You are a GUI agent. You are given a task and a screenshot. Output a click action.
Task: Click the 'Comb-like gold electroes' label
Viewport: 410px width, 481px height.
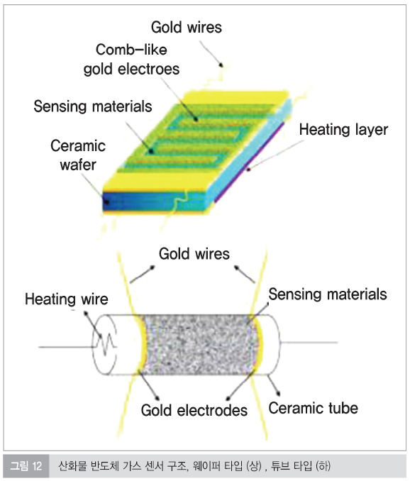click(131, 59)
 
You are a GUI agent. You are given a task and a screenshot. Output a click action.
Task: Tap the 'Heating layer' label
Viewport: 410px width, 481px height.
click(343, 129)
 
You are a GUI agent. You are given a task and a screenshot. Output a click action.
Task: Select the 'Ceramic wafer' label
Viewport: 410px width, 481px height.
click(78, 155)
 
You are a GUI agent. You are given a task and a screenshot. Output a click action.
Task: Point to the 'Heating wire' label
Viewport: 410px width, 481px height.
click(67, 299)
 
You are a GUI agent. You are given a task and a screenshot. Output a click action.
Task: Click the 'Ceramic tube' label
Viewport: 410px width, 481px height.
click(313, 408)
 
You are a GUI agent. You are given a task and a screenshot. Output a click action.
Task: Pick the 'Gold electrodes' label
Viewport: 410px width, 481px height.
click(194, 410)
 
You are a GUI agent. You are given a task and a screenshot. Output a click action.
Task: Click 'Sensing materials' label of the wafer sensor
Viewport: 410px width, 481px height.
click(93, 106)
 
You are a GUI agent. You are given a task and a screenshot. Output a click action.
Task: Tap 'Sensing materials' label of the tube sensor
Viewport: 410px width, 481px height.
click(328, 294)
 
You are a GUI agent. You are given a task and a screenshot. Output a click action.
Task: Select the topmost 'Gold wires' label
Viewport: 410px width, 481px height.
click(186, 27)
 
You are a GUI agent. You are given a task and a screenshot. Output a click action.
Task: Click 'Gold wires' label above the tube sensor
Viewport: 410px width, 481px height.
click(194, 254)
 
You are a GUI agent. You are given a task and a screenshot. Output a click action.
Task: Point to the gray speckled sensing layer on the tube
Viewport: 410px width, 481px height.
click(198, 345)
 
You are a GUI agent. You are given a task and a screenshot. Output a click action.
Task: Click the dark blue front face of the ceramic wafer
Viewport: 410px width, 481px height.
click(153, 201)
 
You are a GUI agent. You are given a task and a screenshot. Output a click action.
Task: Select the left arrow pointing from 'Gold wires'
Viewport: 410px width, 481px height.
click(143, 275)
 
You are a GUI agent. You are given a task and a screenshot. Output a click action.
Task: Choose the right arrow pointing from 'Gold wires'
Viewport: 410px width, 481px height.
click(245, 275)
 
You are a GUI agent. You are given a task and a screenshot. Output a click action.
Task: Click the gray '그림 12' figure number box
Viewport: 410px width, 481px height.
click(26, 466)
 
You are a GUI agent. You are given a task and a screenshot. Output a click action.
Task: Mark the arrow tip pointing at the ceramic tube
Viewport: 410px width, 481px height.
click(279, 395)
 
